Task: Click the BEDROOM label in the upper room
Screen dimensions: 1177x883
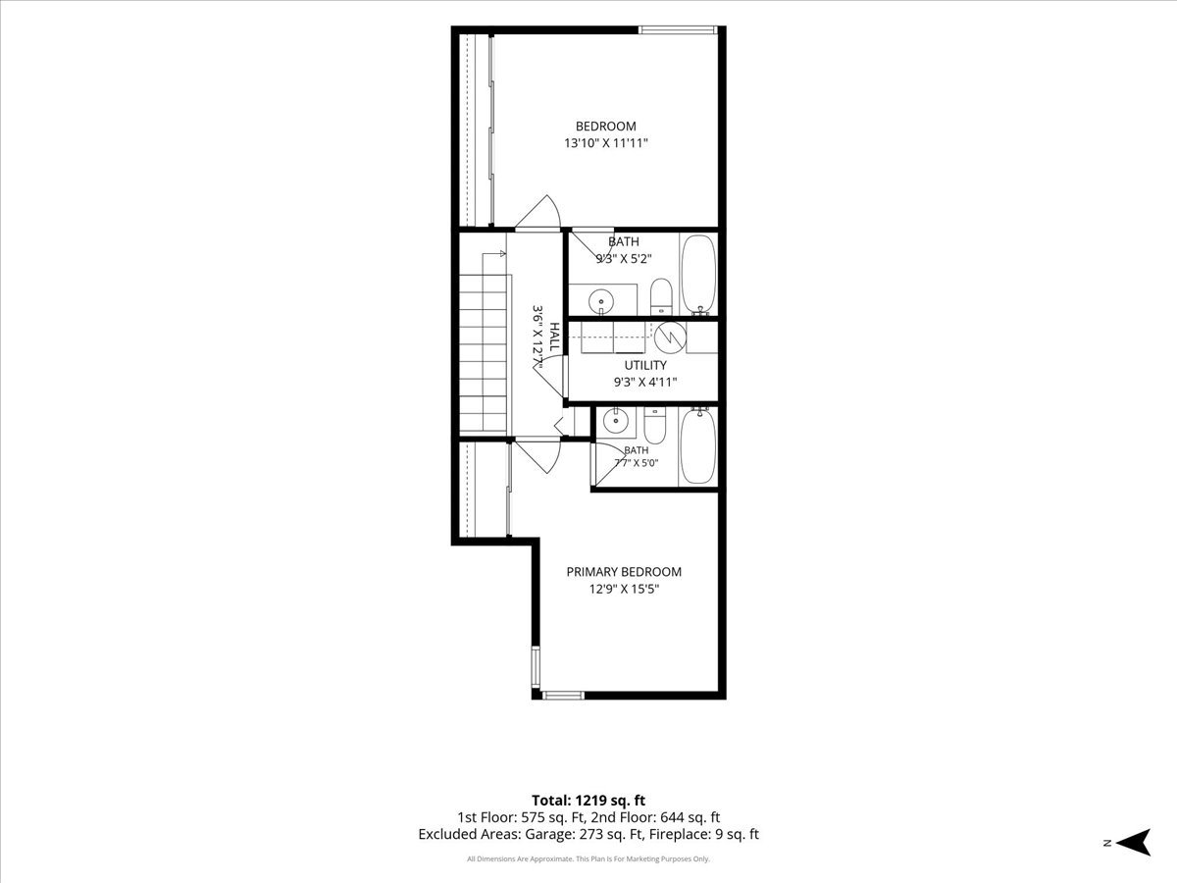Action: pyautogui.click(x=605, y=126)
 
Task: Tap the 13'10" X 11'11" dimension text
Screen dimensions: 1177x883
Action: pyautogui.click(x=606, y=143)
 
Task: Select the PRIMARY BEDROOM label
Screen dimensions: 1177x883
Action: pyautogui.click(x=624, y=572)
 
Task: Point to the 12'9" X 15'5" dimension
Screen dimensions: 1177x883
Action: pyautogui.click(x=624, y=589)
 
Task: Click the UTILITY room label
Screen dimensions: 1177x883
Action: pyautogui.click(x=645, y=365)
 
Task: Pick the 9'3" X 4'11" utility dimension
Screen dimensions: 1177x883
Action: pyautogui.click(x=645, y=383)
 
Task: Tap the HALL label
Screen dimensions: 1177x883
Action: pyautogui.click(x=554, y=337)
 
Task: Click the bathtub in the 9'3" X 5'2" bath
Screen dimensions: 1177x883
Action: pyautogui.click(x=698, y=275)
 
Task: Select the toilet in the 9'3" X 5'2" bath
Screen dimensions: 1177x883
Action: pyautogui.click(x=661, y=296)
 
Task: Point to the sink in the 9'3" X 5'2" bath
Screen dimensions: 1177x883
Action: pyautogui.click(x=600, y=301)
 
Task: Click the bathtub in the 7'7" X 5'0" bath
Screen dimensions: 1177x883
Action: pyautogui.click(x=697, y=445)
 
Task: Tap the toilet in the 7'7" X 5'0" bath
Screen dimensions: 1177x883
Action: pyautogui.click(x=654, y=424)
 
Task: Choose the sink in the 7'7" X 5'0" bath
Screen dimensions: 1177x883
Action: pyautogui.click(x=615, y=420)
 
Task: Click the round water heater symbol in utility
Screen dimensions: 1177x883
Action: pyautogui.click(x=670, y=337)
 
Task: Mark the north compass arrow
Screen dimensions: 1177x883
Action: pyautogui.click(x=1134, y=842)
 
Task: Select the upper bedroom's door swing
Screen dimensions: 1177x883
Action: pyautogui.click(x=538, y=212)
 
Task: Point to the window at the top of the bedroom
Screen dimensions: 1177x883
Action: pyautogui.click(x=678, y=29)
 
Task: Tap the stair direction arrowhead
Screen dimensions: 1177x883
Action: pyautogui.click(x=503, y=253)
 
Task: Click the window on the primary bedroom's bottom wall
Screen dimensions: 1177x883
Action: pyautogui.click(x=563, y=696)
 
